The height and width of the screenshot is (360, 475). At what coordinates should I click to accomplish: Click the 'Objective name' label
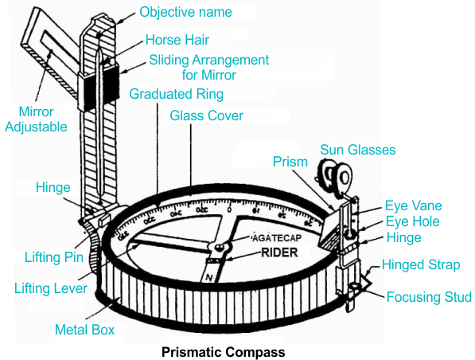click(x=186, y=13)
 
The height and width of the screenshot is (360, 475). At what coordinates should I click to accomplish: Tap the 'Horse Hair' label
click(x=178, y=40)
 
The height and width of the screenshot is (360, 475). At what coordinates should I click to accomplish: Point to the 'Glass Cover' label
click(x=207, y=115)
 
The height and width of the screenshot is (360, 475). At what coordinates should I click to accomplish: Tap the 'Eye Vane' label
click(x=413, y=205)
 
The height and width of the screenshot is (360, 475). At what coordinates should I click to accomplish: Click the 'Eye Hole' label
click(x=412, y=221)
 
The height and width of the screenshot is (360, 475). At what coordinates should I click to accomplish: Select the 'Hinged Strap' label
click(x=421, y=265)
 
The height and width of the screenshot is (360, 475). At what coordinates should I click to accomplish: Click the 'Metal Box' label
click(x=84, y=329)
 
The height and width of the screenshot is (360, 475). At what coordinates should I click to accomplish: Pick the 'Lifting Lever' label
click(x=51, y=288)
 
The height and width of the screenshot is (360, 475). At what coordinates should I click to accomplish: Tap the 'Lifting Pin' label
click(x=49, y=259)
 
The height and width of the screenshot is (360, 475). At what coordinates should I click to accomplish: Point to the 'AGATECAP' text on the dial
click(x=274, y=239)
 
